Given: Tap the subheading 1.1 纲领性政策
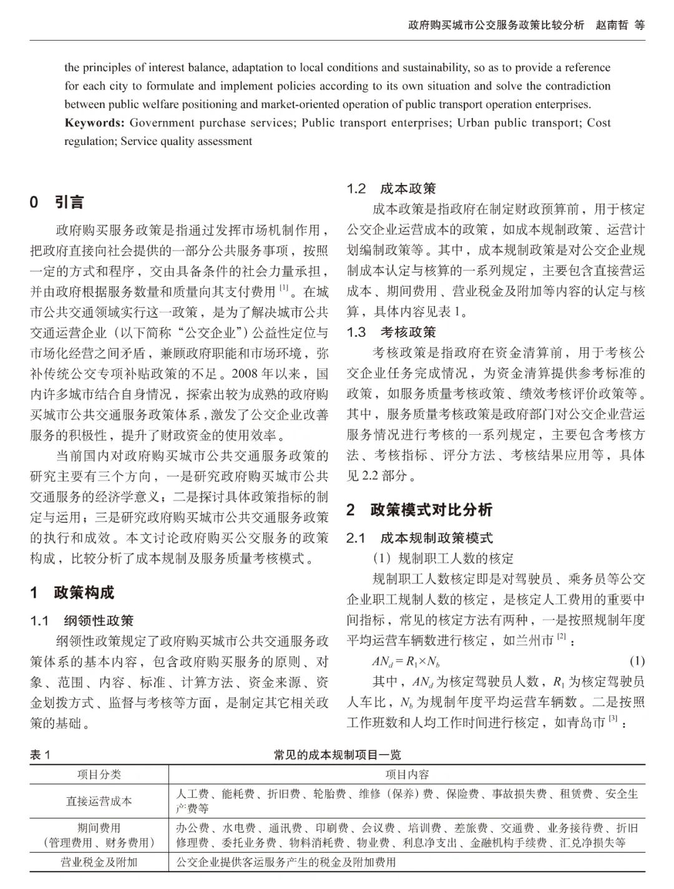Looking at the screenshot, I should point(82,621).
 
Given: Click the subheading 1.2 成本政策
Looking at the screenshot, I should point(391,189).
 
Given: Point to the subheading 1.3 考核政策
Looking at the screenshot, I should point(391,332).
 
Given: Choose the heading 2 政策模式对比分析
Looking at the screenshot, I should point(419,510).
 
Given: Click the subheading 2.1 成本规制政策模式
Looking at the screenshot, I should point(419,538).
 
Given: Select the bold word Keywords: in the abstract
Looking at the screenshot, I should point(94,123).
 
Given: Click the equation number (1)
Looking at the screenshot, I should point(637,661).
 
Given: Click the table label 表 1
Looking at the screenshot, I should point(40,755).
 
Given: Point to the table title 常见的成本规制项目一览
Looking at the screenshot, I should point(337,755).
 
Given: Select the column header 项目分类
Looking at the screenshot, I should point(99,775).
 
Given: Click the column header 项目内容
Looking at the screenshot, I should point(407,775).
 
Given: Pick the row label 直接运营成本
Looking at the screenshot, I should point(99,801).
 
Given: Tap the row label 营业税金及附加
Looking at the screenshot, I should point(99,863).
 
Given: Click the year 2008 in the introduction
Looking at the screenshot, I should point(245,374).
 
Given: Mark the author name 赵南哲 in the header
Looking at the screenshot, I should point(612,26).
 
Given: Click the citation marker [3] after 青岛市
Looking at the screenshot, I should point(613,719).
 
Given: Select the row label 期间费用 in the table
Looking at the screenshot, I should point(99,828).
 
